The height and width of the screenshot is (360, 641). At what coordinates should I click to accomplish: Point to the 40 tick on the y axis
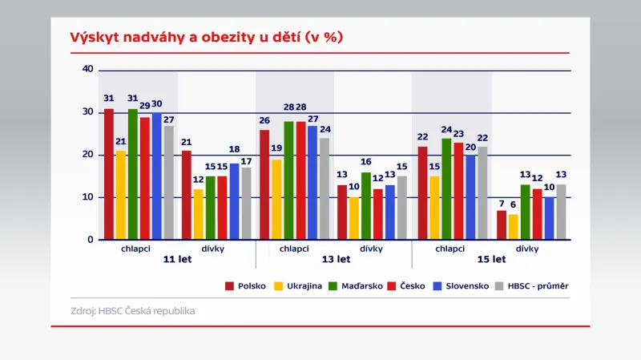(x=88, y=70)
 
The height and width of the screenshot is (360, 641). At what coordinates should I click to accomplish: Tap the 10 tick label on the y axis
(x=88, y=197)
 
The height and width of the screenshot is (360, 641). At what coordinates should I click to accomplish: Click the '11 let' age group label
(x=177, y=260)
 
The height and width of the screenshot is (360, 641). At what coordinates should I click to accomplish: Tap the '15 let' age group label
(x=491, y=260)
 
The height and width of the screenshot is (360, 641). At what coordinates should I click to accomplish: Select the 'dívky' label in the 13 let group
(x=370, y=249)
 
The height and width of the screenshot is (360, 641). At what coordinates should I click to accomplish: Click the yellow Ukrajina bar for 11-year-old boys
(x=121, y=195)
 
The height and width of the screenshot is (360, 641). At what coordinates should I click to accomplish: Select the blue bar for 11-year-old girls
(x=234, y=201)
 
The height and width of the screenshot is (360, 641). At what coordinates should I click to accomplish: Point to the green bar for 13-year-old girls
(x=366, y=206)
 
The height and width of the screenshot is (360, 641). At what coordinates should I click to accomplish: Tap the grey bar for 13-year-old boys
(x=325, y=188)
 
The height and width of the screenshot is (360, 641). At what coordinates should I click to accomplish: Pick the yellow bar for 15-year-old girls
(x=513, y=227)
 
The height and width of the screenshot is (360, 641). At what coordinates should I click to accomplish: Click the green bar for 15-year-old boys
(x=446, y=188)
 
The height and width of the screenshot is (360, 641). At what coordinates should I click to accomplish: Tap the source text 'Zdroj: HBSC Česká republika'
(x=132, y=310)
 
